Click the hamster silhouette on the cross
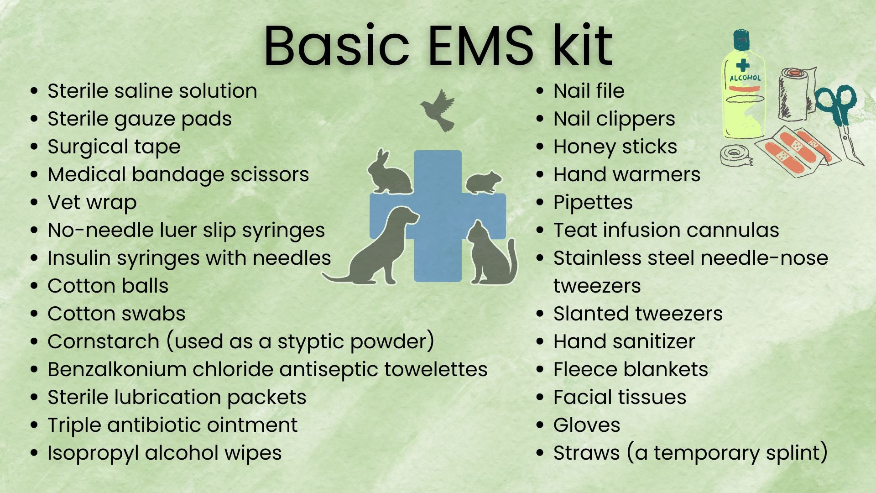[x=483, y=182]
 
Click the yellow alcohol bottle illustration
[x=743, y=87]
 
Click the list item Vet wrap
[x=92, y=203]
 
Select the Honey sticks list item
[x=615, y=147]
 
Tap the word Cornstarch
[x=103, y=341]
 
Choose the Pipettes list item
[x=593, y=203]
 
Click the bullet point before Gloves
[x=540, y=425]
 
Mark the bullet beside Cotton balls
[x=34, y=286]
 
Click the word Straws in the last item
[x=586, y=453]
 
